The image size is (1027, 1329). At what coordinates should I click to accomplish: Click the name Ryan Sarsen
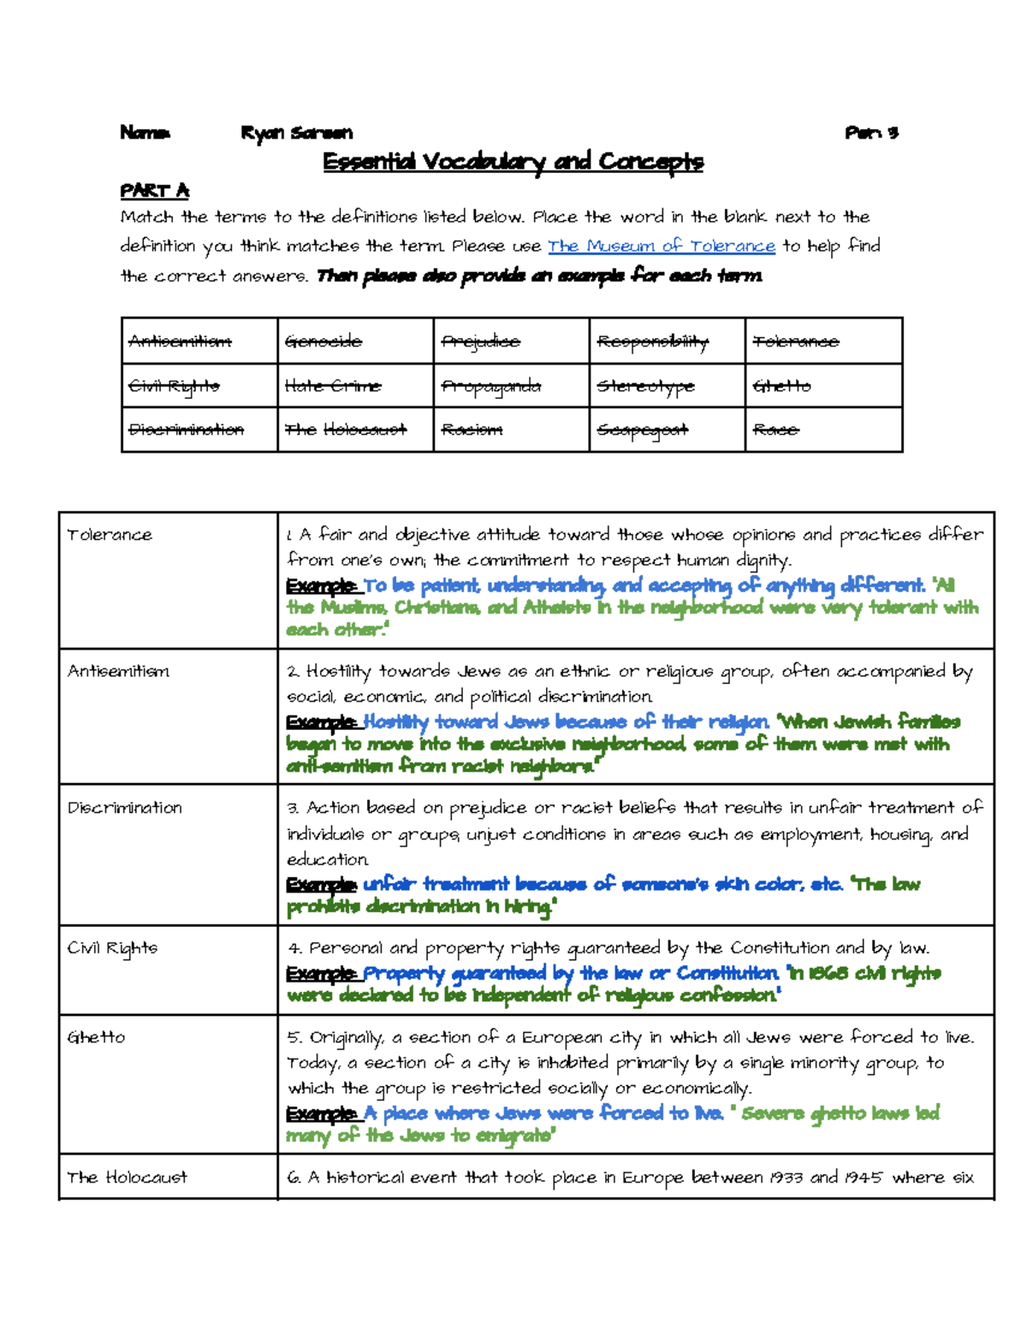pyautogui.click(x=296, y=133)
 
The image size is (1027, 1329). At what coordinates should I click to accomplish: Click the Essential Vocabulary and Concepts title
pyautogui.click(x=513, y=162)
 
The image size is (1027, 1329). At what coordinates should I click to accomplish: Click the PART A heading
pyautogui.click(x=154, y=190)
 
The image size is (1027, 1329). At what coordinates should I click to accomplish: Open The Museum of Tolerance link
pyautogui.click(x=661, y=246)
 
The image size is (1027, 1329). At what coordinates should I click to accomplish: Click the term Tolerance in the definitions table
pyautogui.click(x=110, y=535)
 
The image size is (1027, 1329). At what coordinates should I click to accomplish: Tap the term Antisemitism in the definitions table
pyautogui.click(x=118, y=672)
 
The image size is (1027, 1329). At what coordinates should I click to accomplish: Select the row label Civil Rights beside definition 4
pyautogui.click(x=112, y=948)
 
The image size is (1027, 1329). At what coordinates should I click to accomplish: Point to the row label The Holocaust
pyautogui.click(x=127, y=1178)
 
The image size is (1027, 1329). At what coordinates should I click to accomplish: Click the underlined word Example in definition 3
pyautogui.click(x=321, y=884)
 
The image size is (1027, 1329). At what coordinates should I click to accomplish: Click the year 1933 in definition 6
pyautogui.click(x=784, y=1178)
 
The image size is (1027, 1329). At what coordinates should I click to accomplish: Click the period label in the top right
pyautogui.click(x=870, y=133)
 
